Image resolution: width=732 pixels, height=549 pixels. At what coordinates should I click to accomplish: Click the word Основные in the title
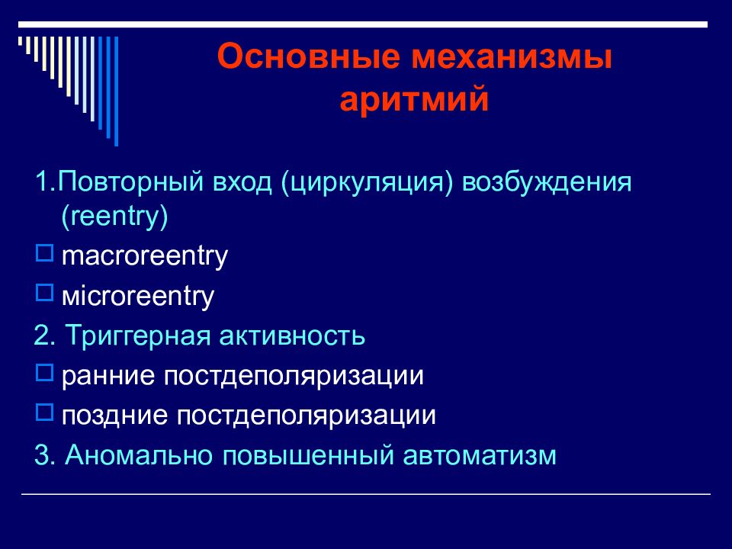(x=309, y=56)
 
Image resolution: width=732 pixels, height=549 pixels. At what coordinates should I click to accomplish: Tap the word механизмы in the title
(x=511, y=57)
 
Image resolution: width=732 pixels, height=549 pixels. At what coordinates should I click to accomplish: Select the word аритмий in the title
(x=414, y=99)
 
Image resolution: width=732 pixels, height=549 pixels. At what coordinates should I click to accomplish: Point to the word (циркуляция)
(x=367, y=182)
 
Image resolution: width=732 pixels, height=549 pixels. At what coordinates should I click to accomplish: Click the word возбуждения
(x=547, y=182)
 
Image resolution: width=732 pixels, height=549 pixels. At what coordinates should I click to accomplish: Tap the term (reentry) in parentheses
(x=114, y=217)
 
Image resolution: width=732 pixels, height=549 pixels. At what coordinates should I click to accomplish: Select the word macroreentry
(x=145, y=256)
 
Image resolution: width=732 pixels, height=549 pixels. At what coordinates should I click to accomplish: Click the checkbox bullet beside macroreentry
(x=44, y=253)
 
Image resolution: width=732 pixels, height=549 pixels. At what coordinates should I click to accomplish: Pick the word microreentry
(x=138, y=296)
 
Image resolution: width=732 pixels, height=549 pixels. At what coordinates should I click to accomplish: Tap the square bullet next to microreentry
(x=44, y=293)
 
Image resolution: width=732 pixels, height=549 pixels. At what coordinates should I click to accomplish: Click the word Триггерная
(x=138, y=336)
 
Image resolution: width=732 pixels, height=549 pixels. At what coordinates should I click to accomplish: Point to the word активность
(x=292, y=336)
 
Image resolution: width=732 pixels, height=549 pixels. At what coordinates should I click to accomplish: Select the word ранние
(x=108, y=376)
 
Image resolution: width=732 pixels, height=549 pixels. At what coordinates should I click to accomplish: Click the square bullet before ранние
(x=44, y=373)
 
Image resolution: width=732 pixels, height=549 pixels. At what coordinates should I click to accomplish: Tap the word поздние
(x=115, y=416)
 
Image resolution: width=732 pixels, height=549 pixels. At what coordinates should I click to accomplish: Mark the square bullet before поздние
(x=44, y=413)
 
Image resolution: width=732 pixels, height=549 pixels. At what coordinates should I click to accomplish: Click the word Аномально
(x=139, y=455)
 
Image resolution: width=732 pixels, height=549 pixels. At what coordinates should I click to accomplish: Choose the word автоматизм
(x=480, y=456)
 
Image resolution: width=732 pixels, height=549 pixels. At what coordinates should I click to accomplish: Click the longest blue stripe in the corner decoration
(x=116, y=91)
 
